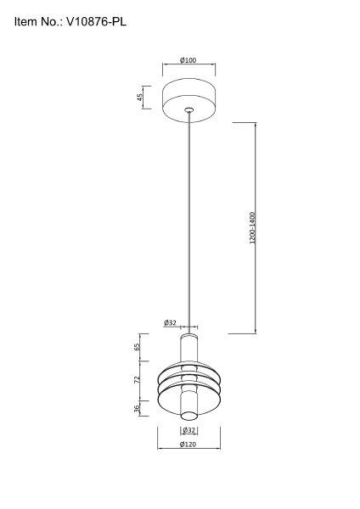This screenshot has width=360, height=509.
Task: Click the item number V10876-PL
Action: point(97,22)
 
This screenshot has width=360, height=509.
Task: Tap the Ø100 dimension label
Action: point(188,60)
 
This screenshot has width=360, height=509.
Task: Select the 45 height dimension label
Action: point(140,97)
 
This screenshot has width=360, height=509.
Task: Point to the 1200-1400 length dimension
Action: point(253,228)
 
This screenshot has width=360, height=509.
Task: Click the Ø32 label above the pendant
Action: point(170,322)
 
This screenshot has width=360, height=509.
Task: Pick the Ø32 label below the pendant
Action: point(188,430)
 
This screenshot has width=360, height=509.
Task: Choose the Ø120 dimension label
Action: point(188,444)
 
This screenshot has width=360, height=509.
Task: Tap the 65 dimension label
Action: point(137,347)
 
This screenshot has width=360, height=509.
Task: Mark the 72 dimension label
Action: point(137,380)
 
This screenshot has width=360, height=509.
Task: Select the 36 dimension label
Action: point(137,407)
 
